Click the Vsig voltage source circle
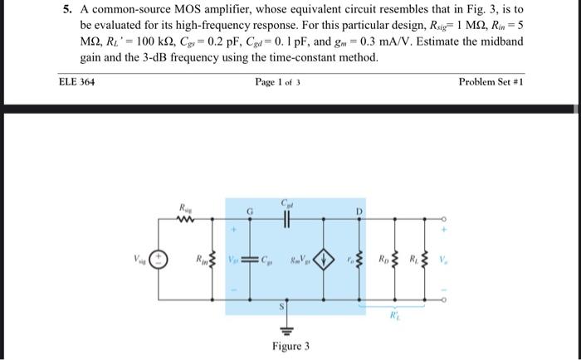[159, 260]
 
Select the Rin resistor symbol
[212, 260]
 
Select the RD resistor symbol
[393, 260]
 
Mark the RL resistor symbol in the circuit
[424, 260]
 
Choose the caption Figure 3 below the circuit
[290, 345]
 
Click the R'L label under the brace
[395, 315]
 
